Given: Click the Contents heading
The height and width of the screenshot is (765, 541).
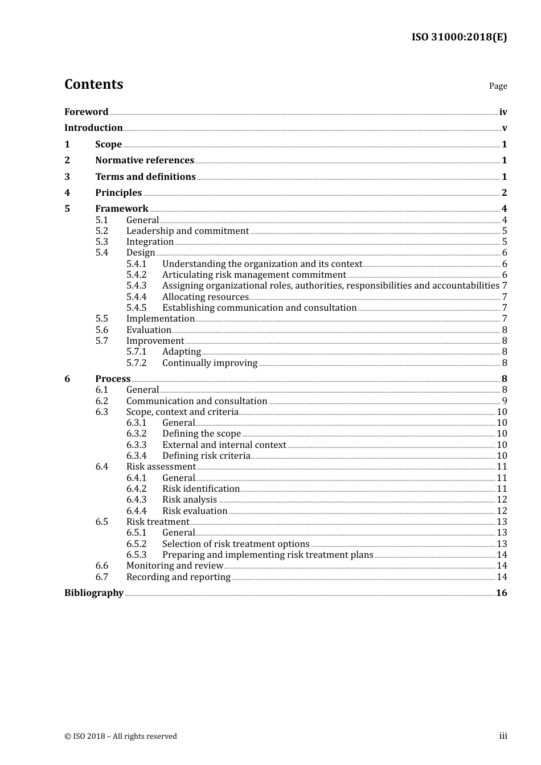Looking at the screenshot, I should click(93, 84).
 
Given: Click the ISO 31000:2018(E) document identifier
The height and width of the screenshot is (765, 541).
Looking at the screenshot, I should click(459, 37).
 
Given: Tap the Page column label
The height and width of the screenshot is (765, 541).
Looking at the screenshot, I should click(498, 86).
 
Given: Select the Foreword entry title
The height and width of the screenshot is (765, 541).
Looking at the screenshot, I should click(86, 112).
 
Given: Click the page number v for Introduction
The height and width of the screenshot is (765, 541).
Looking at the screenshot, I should click(504, 128).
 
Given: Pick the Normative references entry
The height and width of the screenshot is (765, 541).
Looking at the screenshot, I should click(145, 161).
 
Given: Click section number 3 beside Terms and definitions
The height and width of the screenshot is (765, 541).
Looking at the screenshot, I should click(67, 177).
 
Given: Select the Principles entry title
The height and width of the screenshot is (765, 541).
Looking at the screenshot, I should click(118, 193).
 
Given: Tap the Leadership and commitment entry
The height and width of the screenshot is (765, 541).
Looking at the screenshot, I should click(187, 231).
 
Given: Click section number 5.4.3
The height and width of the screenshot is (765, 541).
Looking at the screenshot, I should click(136, 286).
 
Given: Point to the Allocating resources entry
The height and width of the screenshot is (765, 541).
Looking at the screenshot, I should click(205, 297).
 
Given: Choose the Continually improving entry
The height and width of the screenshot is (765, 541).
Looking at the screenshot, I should click(210, 363).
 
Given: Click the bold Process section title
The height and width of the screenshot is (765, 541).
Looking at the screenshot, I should click(113, 379).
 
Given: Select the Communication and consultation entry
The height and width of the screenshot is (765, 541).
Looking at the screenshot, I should click(196, 401).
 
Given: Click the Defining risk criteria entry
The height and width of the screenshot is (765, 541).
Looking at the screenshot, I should click(206, 456).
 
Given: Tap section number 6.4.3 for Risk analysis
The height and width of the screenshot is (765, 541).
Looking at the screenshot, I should click(136, 500).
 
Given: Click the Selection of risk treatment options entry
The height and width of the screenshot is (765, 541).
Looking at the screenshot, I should click(236, 544).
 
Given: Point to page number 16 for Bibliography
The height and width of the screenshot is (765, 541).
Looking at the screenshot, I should click(501, 593).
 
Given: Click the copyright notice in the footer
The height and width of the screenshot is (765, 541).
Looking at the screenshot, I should click(121, 736).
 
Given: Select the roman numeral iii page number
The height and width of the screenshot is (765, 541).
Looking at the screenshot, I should click(503, 736).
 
